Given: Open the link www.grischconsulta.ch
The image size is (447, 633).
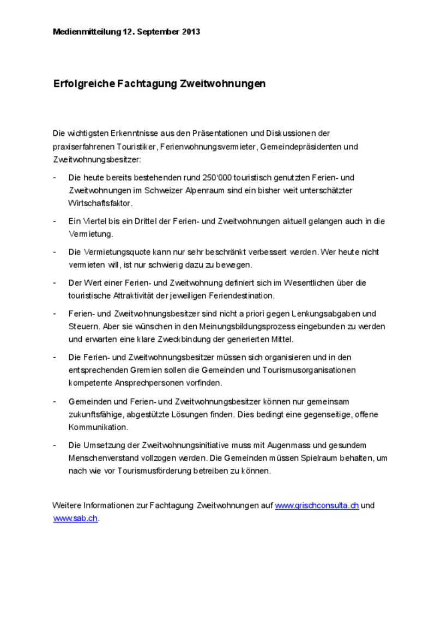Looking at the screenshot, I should point(317,505).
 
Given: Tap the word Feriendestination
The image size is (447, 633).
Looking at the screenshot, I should point(240,296).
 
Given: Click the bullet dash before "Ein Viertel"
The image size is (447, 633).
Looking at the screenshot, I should point(55,221).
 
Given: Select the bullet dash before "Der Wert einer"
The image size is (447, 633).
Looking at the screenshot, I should point(55,283).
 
